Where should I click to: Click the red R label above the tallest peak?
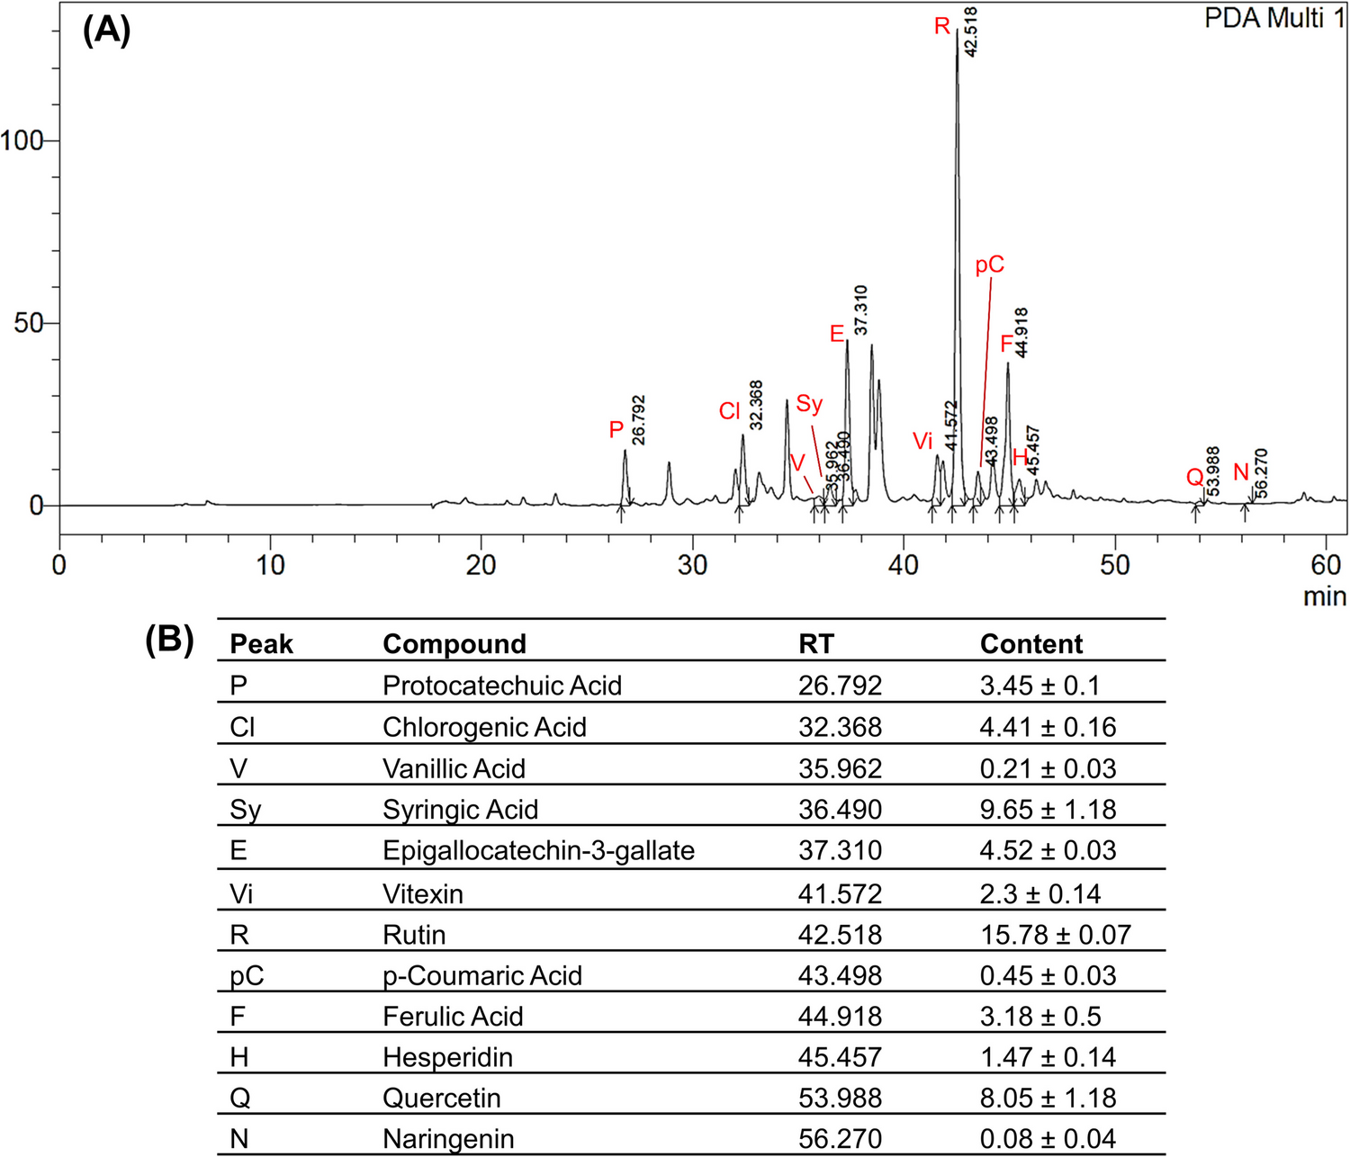[941, 26]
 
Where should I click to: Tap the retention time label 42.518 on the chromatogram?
[971, 32]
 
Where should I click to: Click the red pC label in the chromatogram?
[989, 265]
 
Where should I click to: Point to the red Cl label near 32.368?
[729, 412]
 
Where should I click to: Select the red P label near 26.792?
[616, 430]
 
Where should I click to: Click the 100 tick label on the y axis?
[22, 141]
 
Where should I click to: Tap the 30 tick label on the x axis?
[692, 566]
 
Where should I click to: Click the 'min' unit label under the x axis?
[1324, 596]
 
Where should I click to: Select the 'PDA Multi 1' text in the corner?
[1274, 18]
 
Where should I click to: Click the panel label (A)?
[106, 31]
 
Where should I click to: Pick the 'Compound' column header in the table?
[454, 644]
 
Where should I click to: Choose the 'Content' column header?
[1030, 644]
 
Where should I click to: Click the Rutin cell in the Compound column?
[414, 935]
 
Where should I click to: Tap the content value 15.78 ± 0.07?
[1055, 935]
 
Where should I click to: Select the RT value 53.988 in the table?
[840, 1098]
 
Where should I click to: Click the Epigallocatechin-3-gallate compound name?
[538, 850]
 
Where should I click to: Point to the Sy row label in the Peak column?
[245, 810]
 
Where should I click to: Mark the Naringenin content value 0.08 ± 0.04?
[1048, 1139]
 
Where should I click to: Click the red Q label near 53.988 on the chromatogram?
[1194, 477]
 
